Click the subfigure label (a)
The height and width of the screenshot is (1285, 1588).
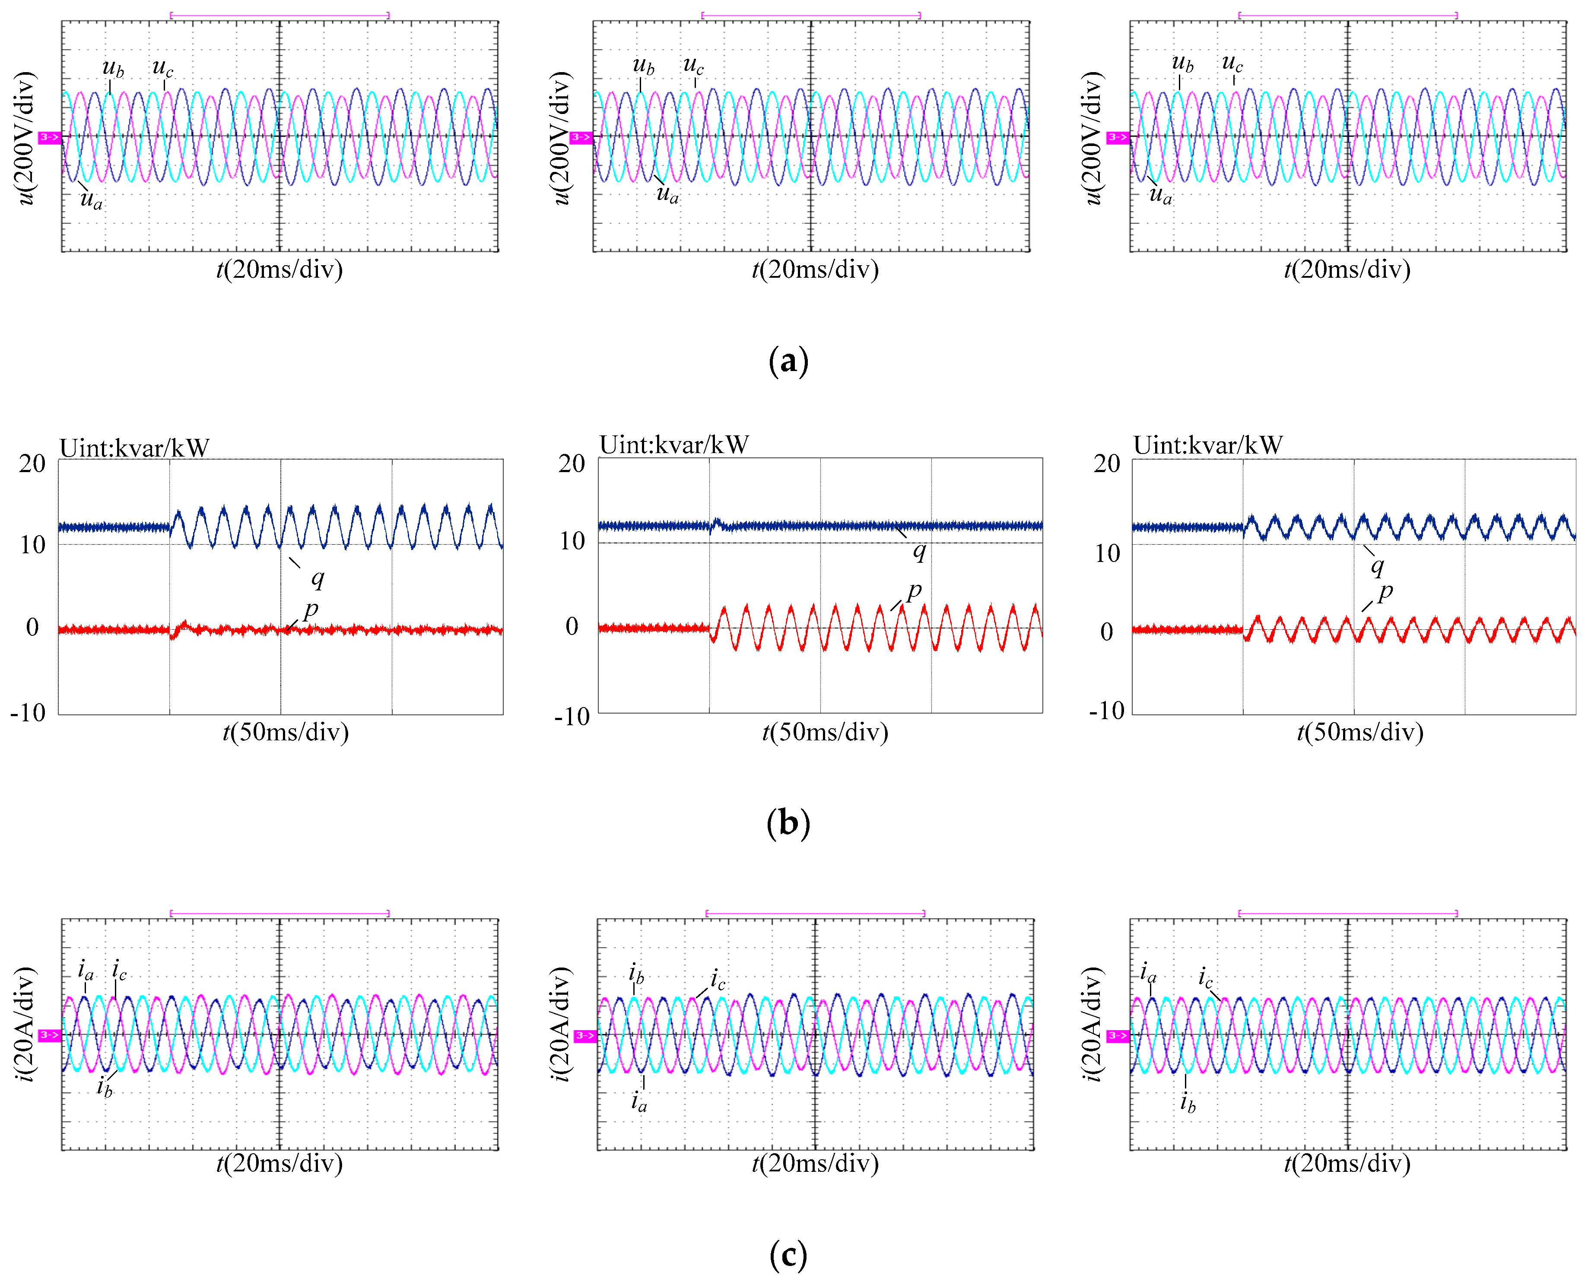coord(788,361)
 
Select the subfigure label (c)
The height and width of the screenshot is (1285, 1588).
coord(788,1255)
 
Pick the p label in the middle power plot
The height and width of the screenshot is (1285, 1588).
coord(914,591)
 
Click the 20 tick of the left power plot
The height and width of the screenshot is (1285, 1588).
coord(32,464)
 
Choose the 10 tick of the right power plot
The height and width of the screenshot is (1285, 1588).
coord(1108,553)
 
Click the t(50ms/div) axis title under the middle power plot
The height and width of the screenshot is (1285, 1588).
coord(825,733)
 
